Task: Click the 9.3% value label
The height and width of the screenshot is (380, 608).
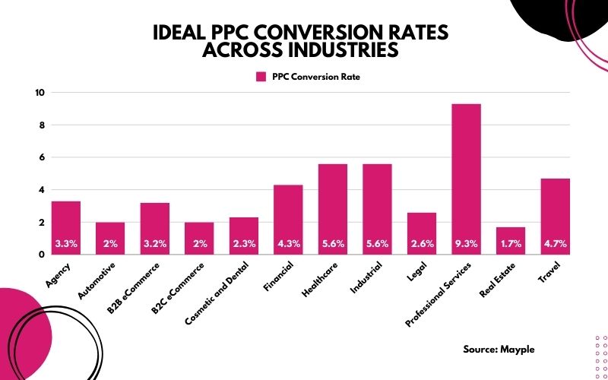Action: [x=466, y=245]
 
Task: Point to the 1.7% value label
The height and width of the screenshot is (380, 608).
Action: [x=511, y=245]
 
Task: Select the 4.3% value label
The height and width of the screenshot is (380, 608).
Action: [x=288, y=245]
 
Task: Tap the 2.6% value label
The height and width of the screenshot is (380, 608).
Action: [x=422, y=245]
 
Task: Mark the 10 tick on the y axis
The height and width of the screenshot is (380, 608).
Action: [x=40, y=93]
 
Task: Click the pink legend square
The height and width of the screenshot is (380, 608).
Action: [x=261, y=77]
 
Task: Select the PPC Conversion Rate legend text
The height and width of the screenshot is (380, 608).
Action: [x=315, y=77]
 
